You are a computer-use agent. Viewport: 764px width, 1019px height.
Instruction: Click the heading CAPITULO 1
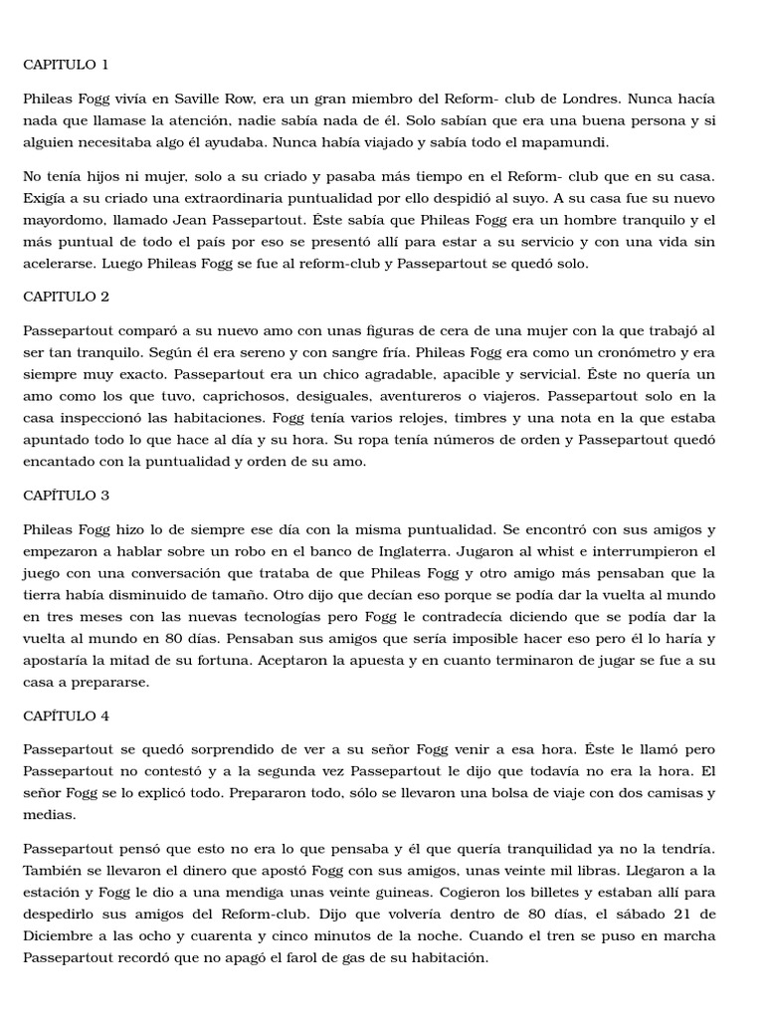pyautogui.click(x=66, y=65)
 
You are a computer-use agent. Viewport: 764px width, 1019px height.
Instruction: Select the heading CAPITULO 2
pyautogui.click(x=66, y=297)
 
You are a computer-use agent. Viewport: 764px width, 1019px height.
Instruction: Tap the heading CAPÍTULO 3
pyautogui.click(x=66, y=495)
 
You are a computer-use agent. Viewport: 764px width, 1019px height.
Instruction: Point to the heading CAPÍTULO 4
pyautogui.click(x=66, y=715)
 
